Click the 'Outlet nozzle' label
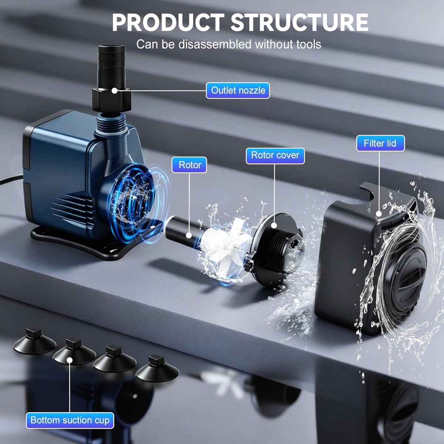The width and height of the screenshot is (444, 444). coord(238,91)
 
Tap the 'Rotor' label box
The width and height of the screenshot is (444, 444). coord(189,165)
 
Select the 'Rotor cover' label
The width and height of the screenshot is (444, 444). coord(275,156)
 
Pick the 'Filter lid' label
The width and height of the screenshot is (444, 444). coord(380,143)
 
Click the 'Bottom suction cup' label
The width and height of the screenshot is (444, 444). coord(70,420)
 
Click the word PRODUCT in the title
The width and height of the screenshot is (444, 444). coord(168,23)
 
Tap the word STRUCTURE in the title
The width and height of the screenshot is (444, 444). coord(299,23)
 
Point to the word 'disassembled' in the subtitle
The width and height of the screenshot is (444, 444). coord(215,44)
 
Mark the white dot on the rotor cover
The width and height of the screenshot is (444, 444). coord(274,225)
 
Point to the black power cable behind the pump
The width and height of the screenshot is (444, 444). coord(11,180)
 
